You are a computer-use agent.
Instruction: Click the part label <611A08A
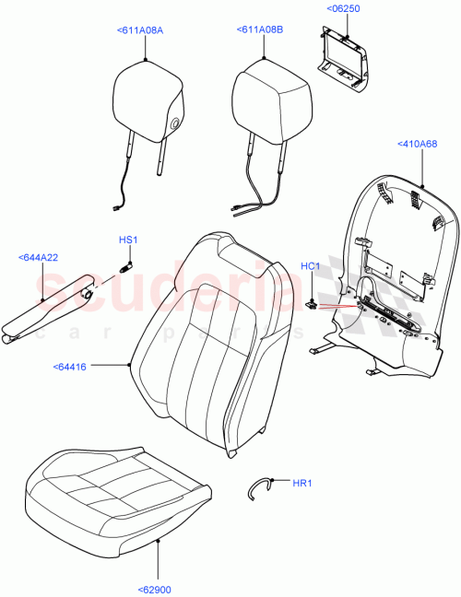pyautogui.click(x=140, y=30)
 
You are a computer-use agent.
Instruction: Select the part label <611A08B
pyautogui.click(x=260, y=30)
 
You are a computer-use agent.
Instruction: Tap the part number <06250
pyautogui.click(x=342, y=9)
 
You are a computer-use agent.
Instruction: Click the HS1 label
pyautogui.click(x=127, y=240)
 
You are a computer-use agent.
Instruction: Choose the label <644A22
pyautogui.click(x=39, y=257)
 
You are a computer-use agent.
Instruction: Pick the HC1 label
pyautogui.click(x=311, y=266)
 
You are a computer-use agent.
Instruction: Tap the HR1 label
pyautogui.click(x=301, y=483)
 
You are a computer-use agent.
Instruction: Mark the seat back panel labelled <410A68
pyautogui.click(x=396, y=276)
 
